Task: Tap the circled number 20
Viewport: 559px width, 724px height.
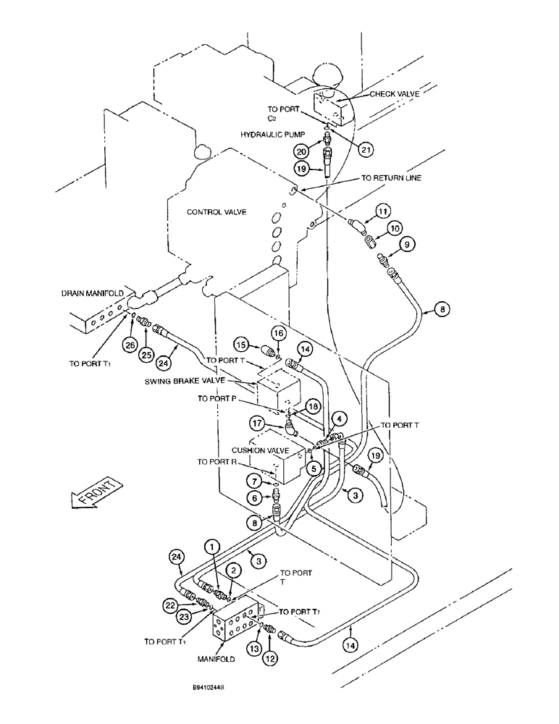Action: tap(300, 151)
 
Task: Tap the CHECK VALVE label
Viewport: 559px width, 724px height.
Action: tap(395, 93)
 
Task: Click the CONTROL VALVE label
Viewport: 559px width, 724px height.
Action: tap(217, 212)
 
